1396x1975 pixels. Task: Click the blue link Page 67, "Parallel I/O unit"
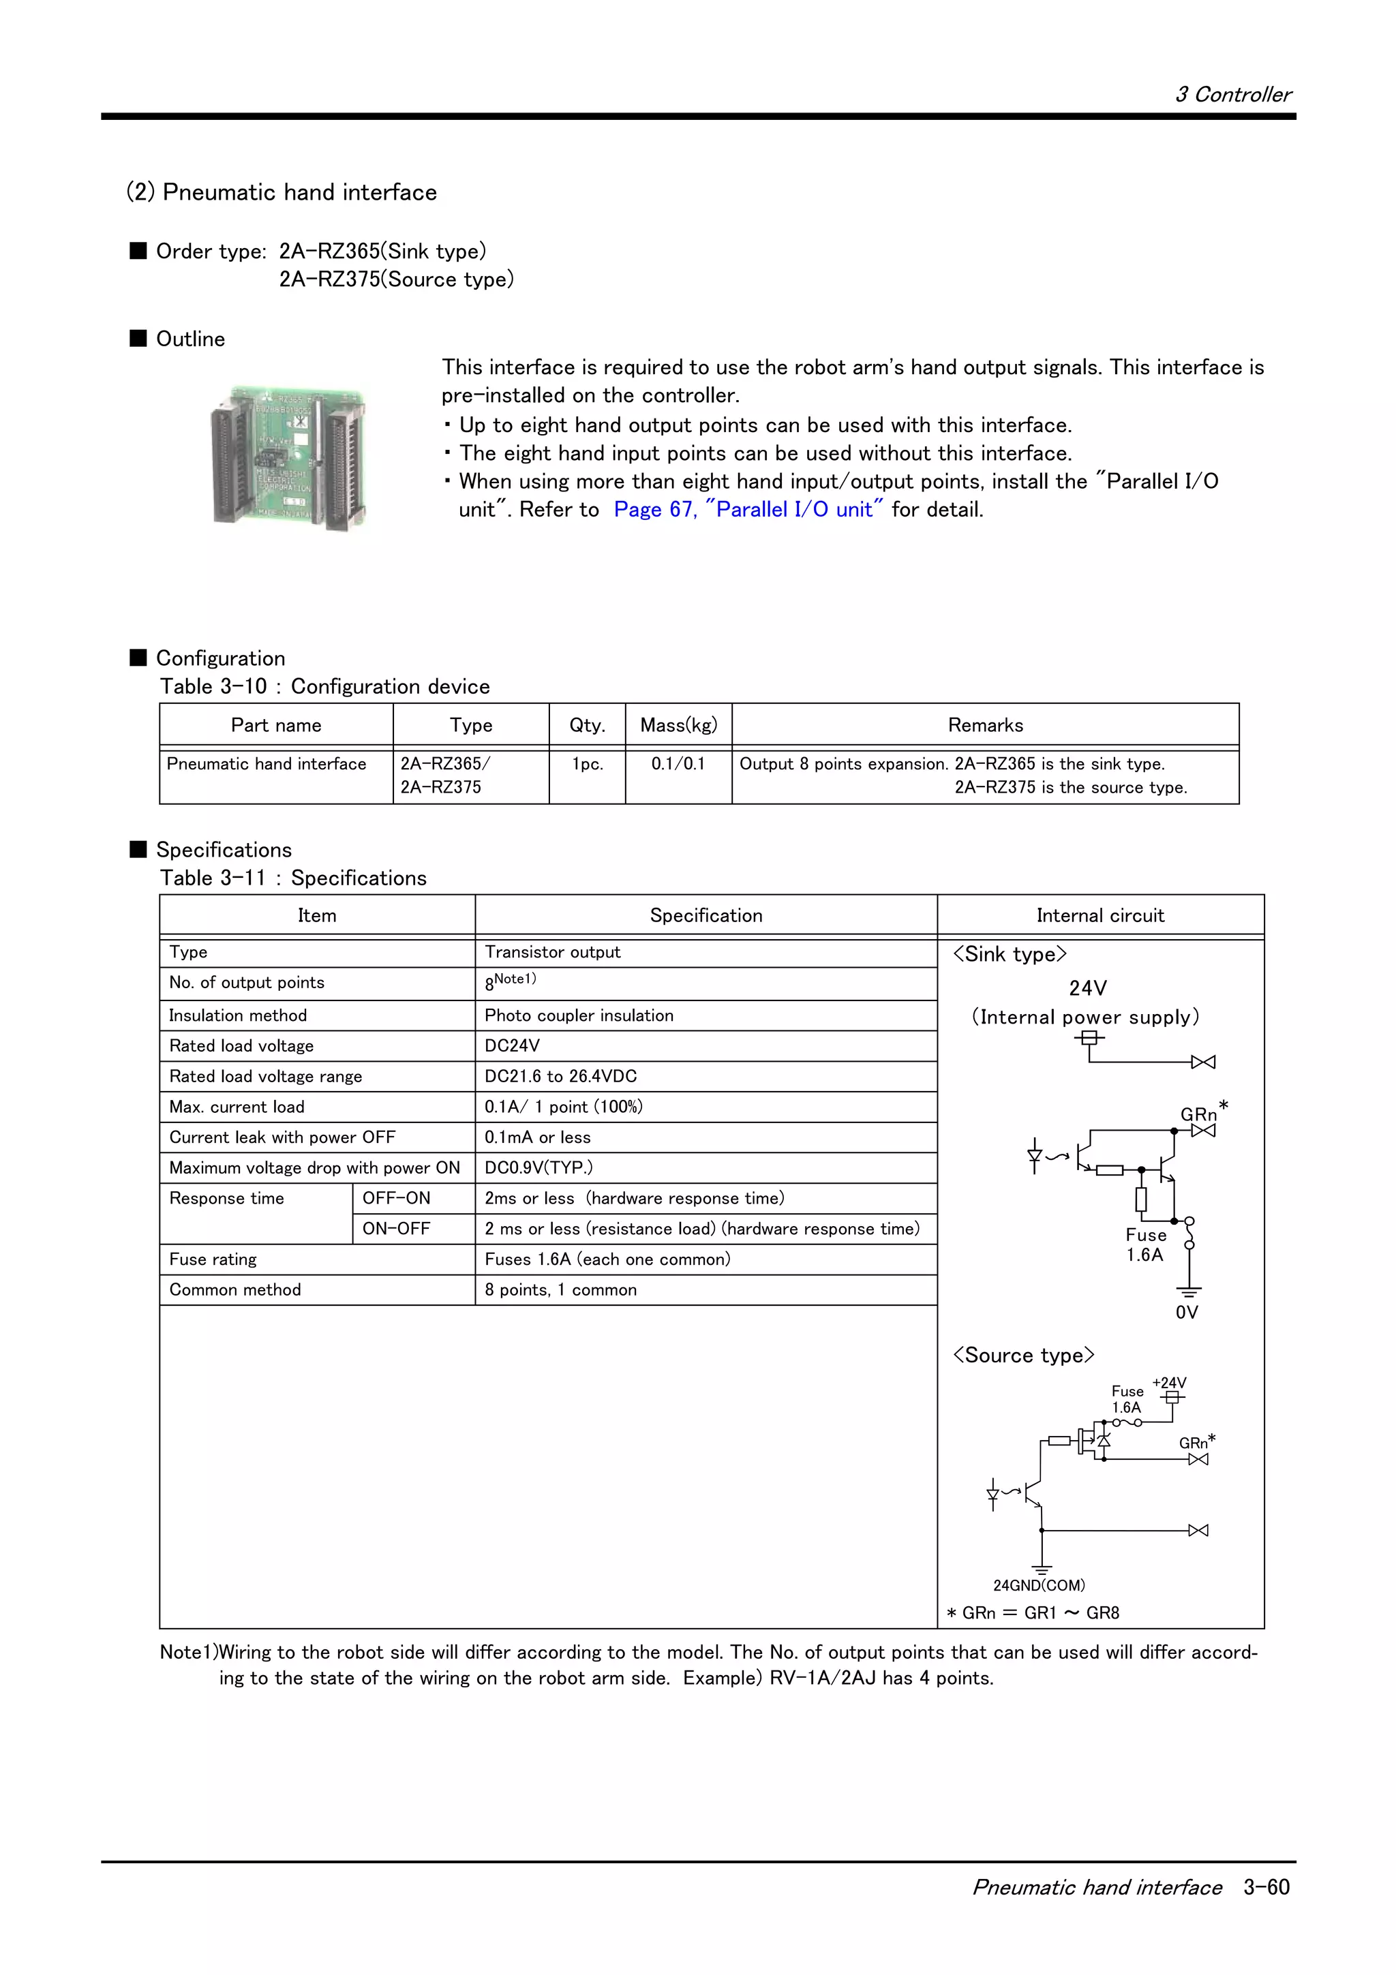pyautogui.click(x=748, y=510)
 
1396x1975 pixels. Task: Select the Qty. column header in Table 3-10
pyautogui.click(x=587, y=725)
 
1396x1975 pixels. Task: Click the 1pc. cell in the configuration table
pyautogui.click(x=587, y=764)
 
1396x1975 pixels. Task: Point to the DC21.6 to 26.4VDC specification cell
pyautogui.click(x=561, y=1076)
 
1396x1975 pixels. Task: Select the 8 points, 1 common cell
pyautogui.click(x=561, y=1289)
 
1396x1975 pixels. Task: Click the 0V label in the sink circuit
pyautogui.click(x=1186, y=1312)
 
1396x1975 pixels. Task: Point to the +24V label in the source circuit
pyautogui.click(x=1169, y=1382)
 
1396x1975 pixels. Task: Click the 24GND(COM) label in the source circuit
pyautogui.click(x=1039, y=1584)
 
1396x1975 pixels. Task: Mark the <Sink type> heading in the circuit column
pyautogui.click(x=1009, y=954)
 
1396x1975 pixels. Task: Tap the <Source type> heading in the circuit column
pyautogui.click(x=1022, y=1355)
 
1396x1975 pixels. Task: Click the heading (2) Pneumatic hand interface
pyautogui.click(x=282, y=192)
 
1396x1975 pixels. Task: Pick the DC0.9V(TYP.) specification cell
pyautogui.click(x=538, y=1167)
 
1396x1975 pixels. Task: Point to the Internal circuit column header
pyautogui.click(x=1099, y=915)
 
